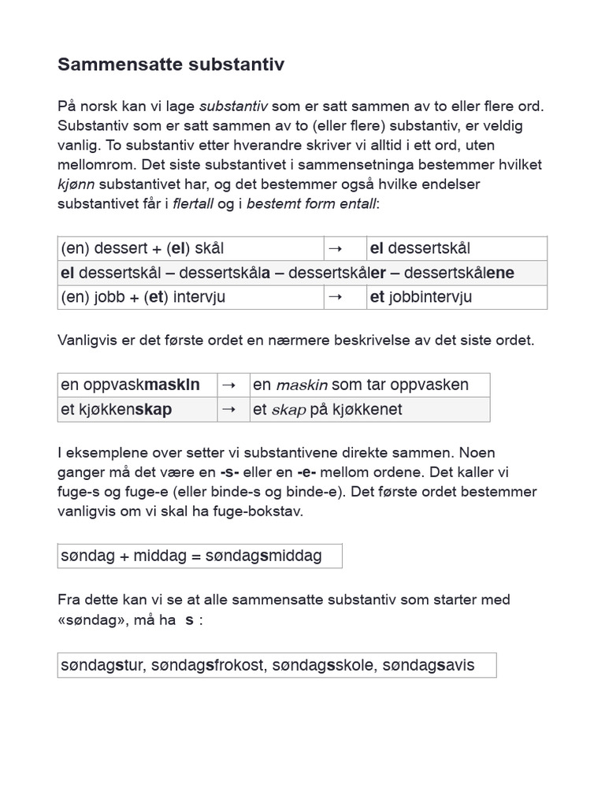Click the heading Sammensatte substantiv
point(171,65)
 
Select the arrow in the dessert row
point(335,249)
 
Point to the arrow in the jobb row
point(335,298)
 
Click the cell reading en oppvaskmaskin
point(130,385)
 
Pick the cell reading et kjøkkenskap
point(117,409)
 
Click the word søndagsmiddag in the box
point(263,556)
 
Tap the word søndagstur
point(102,665)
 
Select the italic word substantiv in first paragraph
point(233,106)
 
